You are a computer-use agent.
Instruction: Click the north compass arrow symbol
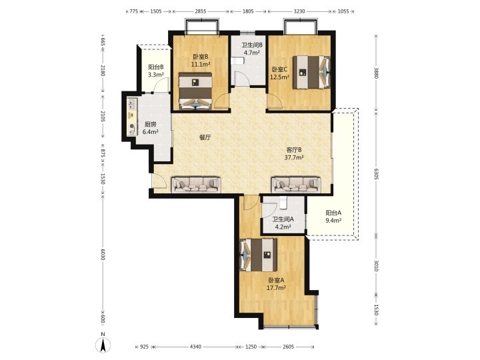pos(103,345)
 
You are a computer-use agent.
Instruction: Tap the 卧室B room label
pos(201,57)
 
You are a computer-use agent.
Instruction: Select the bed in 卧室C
pos(311,72)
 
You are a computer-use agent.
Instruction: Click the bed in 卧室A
pos(259,255)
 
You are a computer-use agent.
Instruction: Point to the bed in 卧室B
pos(195,91)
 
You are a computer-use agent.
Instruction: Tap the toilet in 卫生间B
pos(237,61)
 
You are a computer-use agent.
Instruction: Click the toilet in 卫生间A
pos(283,203)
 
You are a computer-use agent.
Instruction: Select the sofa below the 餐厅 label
pos(196,185)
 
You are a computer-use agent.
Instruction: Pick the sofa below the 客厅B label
pos(296,185)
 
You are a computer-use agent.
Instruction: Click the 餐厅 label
pos(205,137)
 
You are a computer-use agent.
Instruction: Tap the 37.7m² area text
pos(294,157)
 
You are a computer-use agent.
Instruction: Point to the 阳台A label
pos(333,213)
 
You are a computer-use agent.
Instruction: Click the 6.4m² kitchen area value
pos(150,132)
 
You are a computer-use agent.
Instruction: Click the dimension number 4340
pos(195,347)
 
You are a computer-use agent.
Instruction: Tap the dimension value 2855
pos(201,11)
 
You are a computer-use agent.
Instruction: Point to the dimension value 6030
pos(103,254)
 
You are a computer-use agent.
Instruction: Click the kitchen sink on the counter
pos(132,104)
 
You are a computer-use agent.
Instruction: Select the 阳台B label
pos(156,67)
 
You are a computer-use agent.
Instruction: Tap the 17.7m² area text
pos(277,287)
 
